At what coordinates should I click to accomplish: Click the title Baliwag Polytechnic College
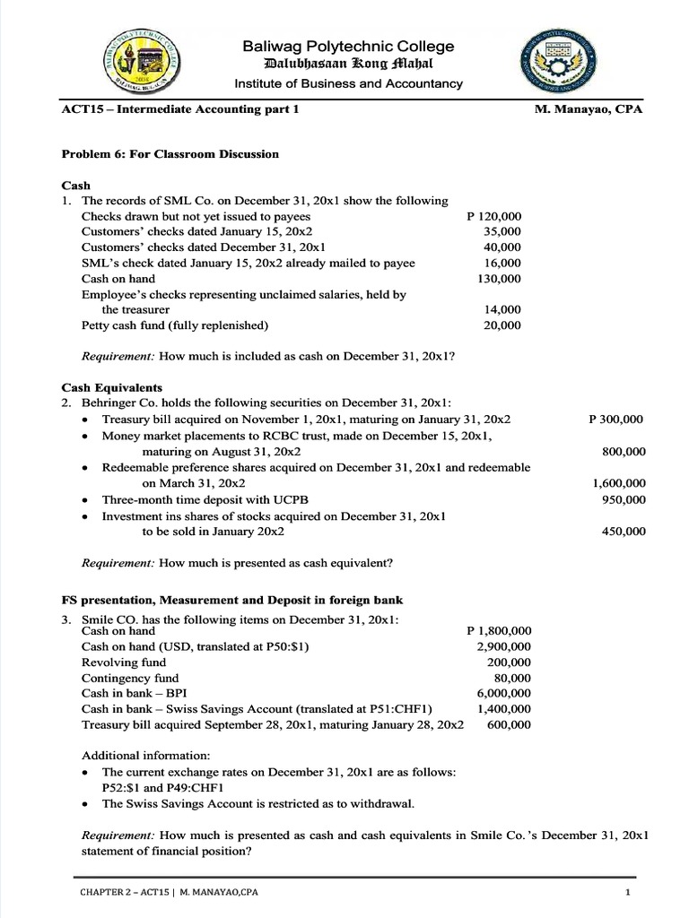tap(348, 47)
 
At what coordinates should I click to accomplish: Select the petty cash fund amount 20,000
tap(503, 325)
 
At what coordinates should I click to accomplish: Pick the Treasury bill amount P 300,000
tap(615, 419)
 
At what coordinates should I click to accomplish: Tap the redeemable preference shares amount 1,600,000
tap(619, 483)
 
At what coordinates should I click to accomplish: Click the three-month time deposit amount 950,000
tap(623, 499)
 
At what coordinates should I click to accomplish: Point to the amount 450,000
tap(623, 532)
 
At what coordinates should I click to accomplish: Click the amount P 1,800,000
tap(500, 630)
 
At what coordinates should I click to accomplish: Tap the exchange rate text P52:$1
tap(123, 786)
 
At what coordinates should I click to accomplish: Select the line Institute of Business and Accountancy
tap(348, 83)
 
